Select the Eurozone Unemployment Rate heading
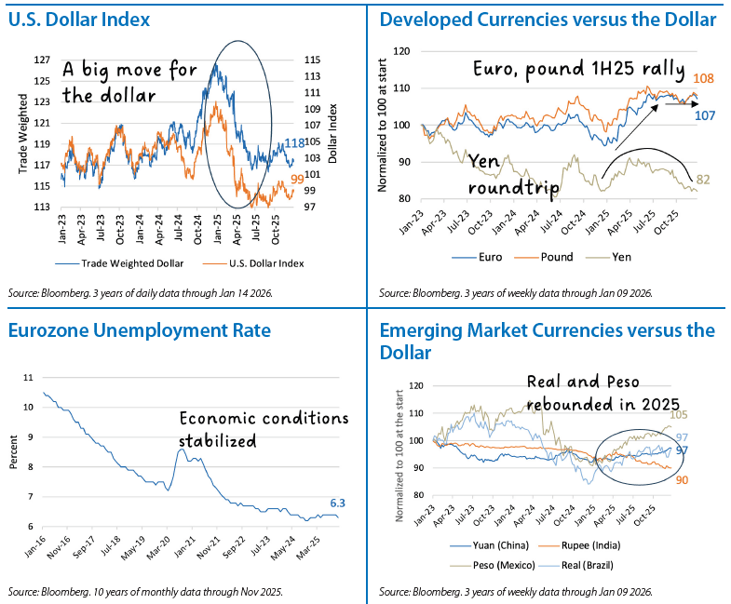(139, 329)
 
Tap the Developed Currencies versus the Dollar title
(548, 20)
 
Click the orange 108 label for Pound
(704, 79)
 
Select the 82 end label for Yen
(704, 179)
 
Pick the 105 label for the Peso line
(704, 415)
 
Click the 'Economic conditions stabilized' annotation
(263, 429)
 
